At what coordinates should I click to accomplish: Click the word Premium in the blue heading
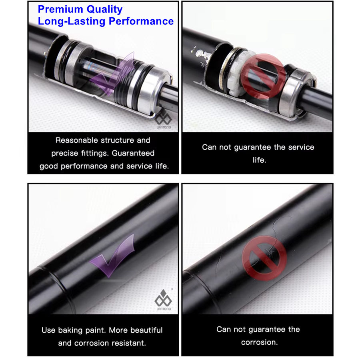60,9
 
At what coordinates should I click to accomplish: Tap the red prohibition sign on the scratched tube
264,258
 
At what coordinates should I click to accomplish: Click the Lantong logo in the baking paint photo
163,300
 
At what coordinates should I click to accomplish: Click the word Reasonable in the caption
77,140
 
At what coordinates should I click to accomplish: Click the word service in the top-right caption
301,147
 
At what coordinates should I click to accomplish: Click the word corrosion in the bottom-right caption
259,342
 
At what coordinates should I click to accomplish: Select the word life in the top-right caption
259,160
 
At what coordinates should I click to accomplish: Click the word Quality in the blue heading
104,10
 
